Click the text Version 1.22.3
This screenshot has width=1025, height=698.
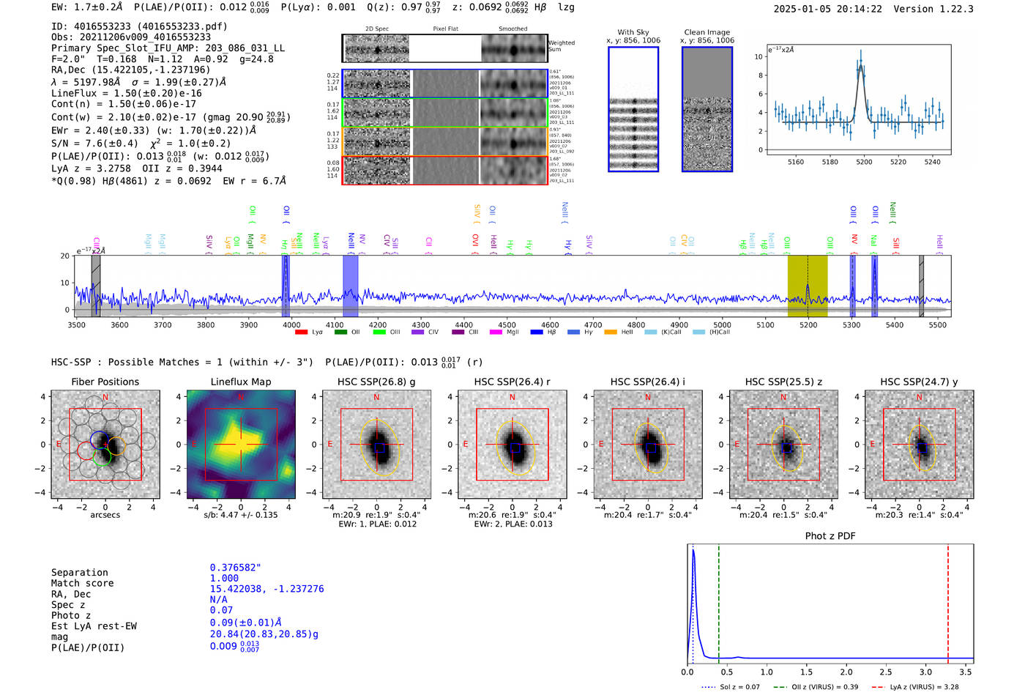pos(933,9)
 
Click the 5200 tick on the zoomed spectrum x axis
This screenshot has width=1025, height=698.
pos(864,162)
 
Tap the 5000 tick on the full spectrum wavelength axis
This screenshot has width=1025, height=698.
pos(723,324)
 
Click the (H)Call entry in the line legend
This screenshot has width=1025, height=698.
pos(715,332)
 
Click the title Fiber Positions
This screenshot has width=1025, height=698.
pos(105,382)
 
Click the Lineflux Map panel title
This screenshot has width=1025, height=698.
pos(241,382)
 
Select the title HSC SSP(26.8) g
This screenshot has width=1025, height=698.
pos(376,382)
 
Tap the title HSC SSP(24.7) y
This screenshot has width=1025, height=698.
pos(919,382)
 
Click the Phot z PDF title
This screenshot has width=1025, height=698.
pos(830,536)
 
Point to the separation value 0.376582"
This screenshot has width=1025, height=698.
pos(235,568)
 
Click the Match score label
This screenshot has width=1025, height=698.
pos(82,583)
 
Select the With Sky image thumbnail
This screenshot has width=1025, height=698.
pos(633,109)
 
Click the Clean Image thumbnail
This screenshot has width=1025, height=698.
pos(707,109)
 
